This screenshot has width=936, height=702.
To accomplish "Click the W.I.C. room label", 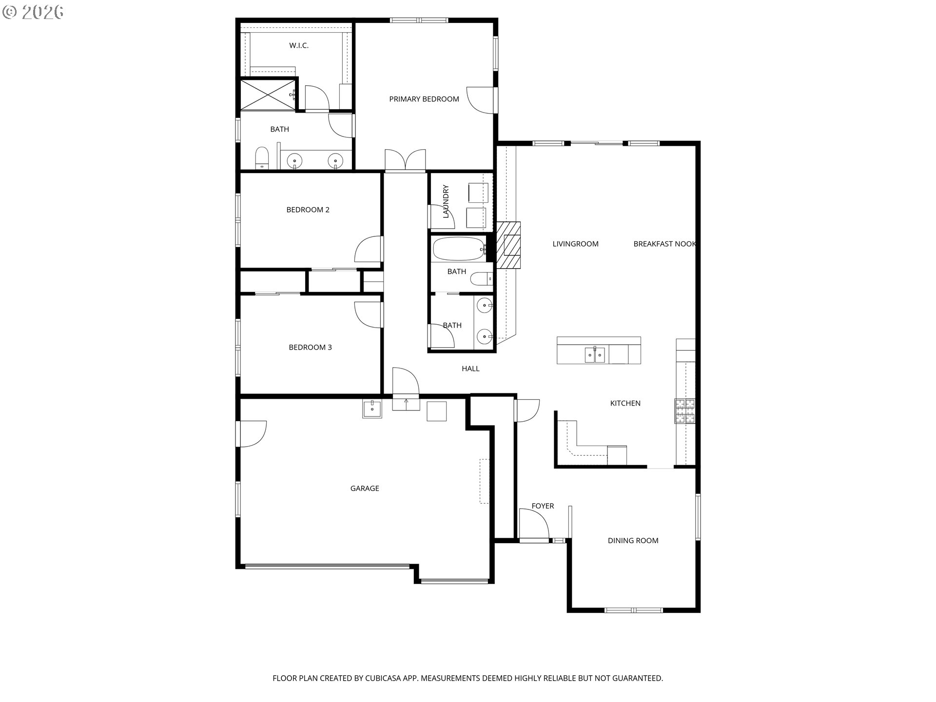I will click(x=298, y=45).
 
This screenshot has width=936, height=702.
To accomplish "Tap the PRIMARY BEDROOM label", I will click(x=424, y=99).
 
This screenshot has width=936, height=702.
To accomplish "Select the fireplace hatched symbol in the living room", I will click(x=509, y=245).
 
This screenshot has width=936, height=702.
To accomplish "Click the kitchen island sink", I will click(x=595, y=355).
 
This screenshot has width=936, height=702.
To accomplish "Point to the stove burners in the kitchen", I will click(x=684, y=410).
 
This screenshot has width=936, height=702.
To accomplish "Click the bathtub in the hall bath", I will click(x=458, y=249).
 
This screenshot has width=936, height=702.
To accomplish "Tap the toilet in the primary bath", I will click(x=262, y=158).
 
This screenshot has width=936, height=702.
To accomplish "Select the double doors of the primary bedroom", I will click(x=405, y=160).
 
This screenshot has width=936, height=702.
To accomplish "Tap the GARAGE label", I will click(x=364, y=488).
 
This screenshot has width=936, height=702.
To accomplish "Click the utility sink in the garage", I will click(x=372, y=409).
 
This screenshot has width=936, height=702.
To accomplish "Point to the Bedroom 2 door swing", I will click(x=368, y=250).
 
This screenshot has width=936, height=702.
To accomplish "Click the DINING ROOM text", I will click(x=633, y=541).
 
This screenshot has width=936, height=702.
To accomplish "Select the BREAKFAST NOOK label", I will click(x=664, y=244).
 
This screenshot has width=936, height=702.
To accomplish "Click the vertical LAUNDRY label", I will click(x=446, y=201).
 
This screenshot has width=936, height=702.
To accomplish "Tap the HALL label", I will click(x=470, y=369).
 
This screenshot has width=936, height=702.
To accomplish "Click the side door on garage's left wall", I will click(x=251, y=434).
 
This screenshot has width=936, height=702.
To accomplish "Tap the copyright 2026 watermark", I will click(x=33, y=12).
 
